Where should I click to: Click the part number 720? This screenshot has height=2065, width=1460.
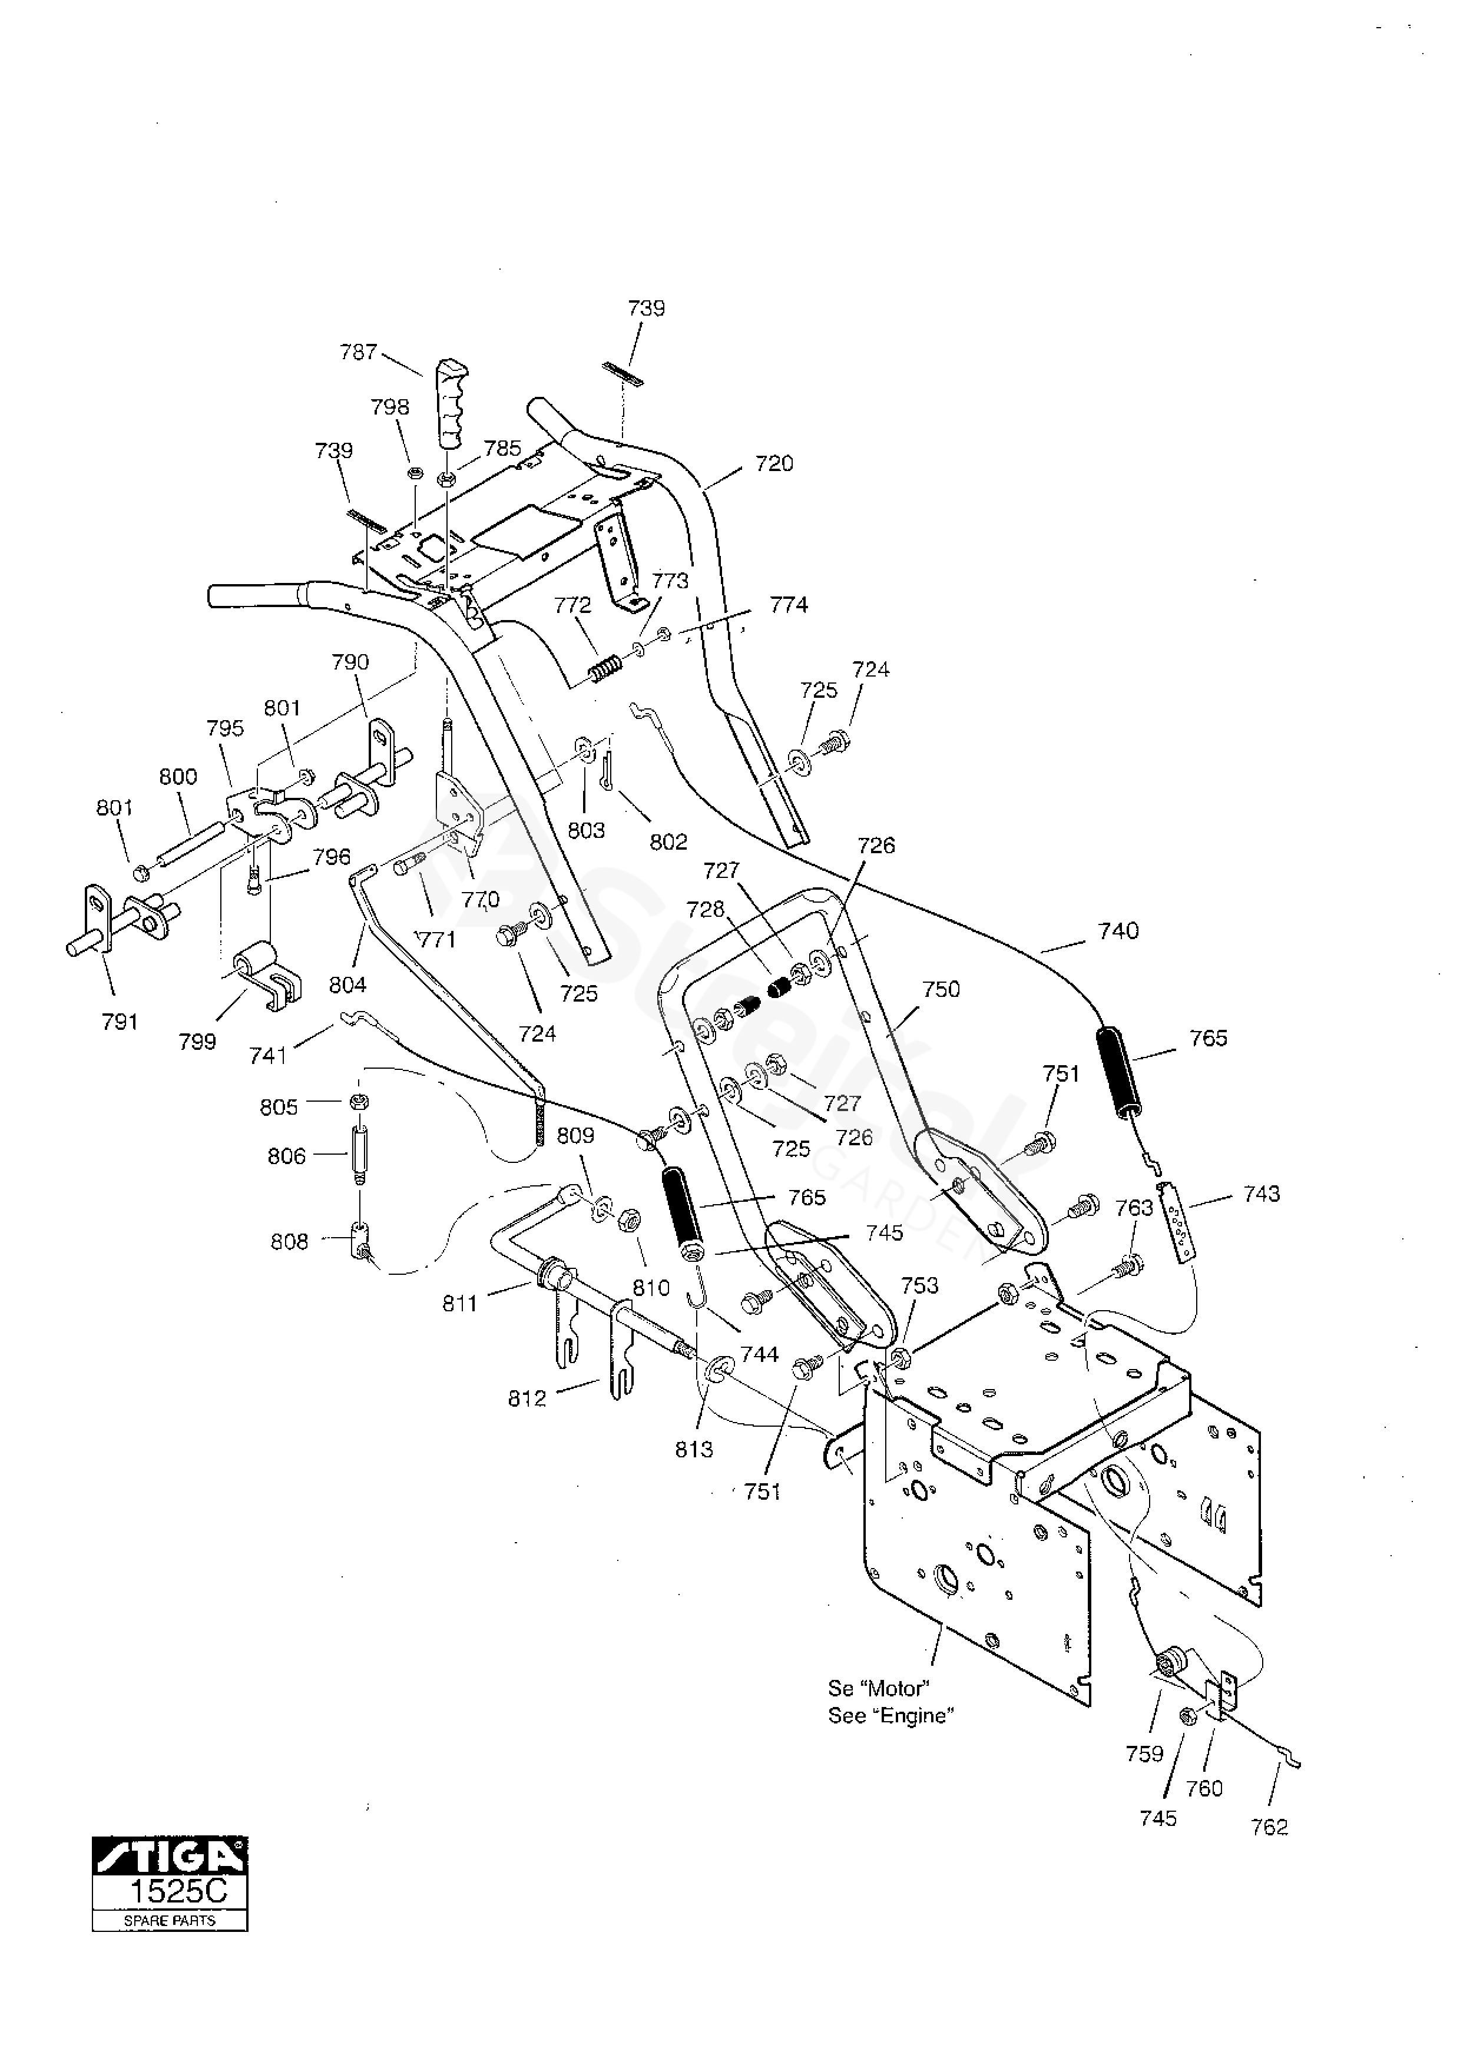pos(774,463)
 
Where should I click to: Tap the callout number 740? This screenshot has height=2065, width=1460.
pos(1118,931)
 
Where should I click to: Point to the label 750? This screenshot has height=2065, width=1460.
pos(941,989)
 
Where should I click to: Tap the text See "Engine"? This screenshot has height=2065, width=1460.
pos(890,1716)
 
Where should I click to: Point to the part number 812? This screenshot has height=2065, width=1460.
pos(527,1398)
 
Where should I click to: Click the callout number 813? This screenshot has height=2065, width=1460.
pos(694,1449)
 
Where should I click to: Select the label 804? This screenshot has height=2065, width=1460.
pos(347,985)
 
